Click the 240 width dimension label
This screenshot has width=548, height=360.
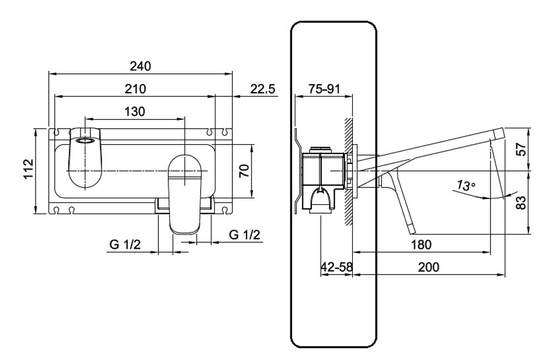pos(140,66)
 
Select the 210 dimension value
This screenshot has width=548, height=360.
pos(135,89)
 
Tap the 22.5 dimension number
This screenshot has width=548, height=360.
pos(262,89)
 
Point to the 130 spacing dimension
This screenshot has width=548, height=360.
pos(135,111)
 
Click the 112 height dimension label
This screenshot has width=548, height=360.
pos(28,169)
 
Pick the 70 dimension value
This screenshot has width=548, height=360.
pos(244,170)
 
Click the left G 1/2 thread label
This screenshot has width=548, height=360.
pos(125,244)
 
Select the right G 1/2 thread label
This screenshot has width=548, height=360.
pos(244,235)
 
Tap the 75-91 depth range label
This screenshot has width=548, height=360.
pos(324,89)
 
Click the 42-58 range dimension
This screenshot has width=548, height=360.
pos(336,267)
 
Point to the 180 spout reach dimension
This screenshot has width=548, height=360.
pos(421,245)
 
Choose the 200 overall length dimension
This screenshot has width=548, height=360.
pos(429,267)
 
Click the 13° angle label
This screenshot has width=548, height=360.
pos(466,185)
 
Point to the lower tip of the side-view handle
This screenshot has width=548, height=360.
pos(412,233)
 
